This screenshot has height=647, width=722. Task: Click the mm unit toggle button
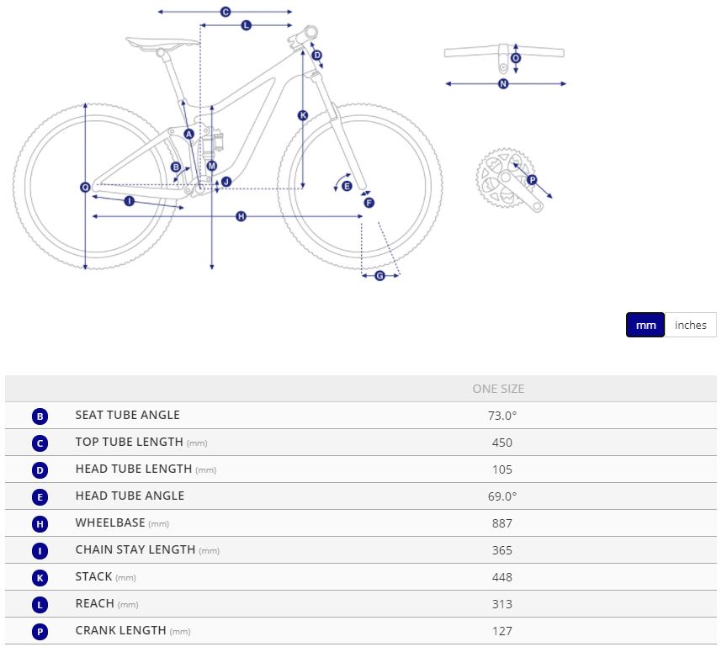point(645,325)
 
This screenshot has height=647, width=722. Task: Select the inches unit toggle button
point(690,325)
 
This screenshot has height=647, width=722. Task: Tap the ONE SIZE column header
point(498,389)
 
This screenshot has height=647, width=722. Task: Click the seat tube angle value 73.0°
point(502,416)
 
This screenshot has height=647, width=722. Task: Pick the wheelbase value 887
point(502,523)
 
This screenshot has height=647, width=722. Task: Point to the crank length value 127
point(502,631)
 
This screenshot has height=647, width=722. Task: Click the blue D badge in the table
point(40,470)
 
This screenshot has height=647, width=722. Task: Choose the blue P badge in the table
point(40,632)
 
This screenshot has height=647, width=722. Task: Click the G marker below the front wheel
point(380,275)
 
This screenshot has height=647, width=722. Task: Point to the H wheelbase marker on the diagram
point(241,216)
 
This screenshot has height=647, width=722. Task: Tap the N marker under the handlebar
point(503,84)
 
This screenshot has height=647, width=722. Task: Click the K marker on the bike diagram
point(303,115)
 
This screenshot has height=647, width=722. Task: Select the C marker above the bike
point(226,12)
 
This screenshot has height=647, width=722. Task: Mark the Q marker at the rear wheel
point(85,187)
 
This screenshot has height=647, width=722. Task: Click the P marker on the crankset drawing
point(532,179)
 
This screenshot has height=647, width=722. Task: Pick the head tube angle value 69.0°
point(502,496)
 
